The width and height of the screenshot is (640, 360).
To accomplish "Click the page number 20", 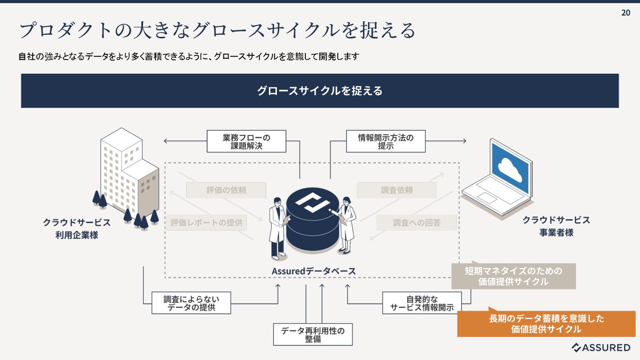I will coord(625,12).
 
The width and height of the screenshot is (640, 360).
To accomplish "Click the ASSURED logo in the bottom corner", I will coord(600,348).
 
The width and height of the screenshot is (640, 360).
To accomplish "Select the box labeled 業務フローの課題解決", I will coord(246,141).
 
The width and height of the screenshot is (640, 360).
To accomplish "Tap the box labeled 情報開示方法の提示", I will coord(386,141).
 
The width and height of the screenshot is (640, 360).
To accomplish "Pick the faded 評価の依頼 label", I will coord(226,190).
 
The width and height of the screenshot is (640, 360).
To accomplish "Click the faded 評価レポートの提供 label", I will coord(207,223).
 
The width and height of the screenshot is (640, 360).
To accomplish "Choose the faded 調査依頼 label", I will coord(396,190).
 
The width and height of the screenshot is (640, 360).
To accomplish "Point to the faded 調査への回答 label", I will coord(416,223).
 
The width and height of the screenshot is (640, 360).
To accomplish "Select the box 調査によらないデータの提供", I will coord(191,303).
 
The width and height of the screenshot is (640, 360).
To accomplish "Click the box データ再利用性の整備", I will coord(313,335).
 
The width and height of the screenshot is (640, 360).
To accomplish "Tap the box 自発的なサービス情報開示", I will coord(422,303).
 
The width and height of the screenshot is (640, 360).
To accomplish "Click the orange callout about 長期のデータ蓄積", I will coord(546,324).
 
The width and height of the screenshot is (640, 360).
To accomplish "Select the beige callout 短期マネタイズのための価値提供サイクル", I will coord(513,276).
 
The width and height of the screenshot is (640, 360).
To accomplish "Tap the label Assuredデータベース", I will coord(314,271).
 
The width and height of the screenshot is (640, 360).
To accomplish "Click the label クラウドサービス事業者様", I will coord(556,226).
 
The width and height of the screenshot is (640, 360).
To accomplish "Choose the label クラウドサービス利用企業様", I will coord(76,229).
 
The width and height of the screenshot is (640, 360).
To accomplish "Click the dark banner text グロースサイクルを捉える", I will coord(320,91).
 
